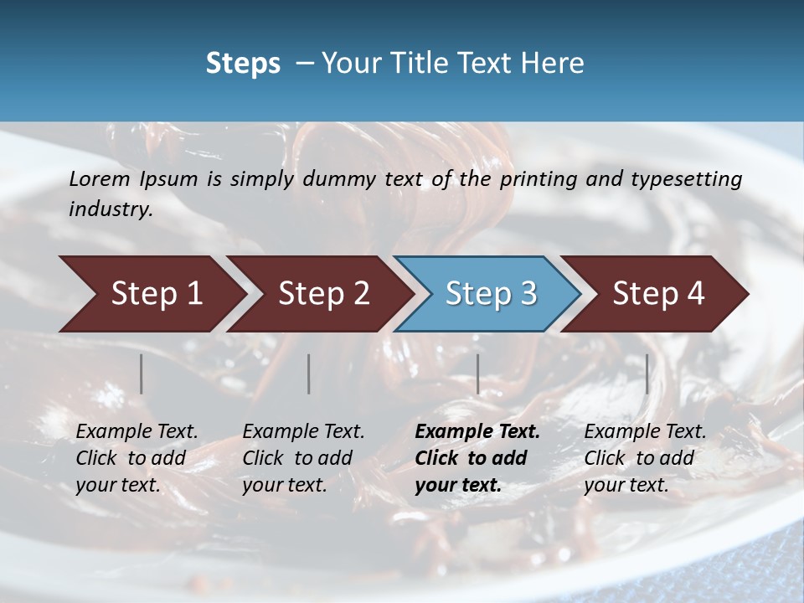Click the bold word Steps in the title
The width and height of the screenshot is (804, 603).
[x=243, y=64]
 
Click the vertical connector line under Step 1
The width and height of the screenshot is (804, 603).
[x=142, y=374]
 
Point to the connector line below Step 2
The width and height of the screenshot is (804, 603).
[x=309, y=374]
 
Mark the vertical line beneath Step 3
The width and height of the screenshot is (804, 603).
[x=478, y=374]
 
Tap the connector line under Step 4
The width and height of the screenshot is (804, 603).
[x=647, y=374]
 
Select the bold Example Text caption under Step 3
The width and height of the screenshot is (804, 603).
[x=477, y=458]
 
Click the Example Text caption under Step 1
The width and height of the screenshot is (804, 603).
[x=137, y=458]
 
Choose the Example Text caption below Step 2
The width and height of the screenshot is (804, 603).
[x=303, y=458]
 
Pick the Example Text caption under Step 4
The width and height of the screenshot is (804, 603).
[x=645, y=458]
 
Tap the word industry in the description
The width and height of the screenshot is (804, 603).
[x=111, y=209]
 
